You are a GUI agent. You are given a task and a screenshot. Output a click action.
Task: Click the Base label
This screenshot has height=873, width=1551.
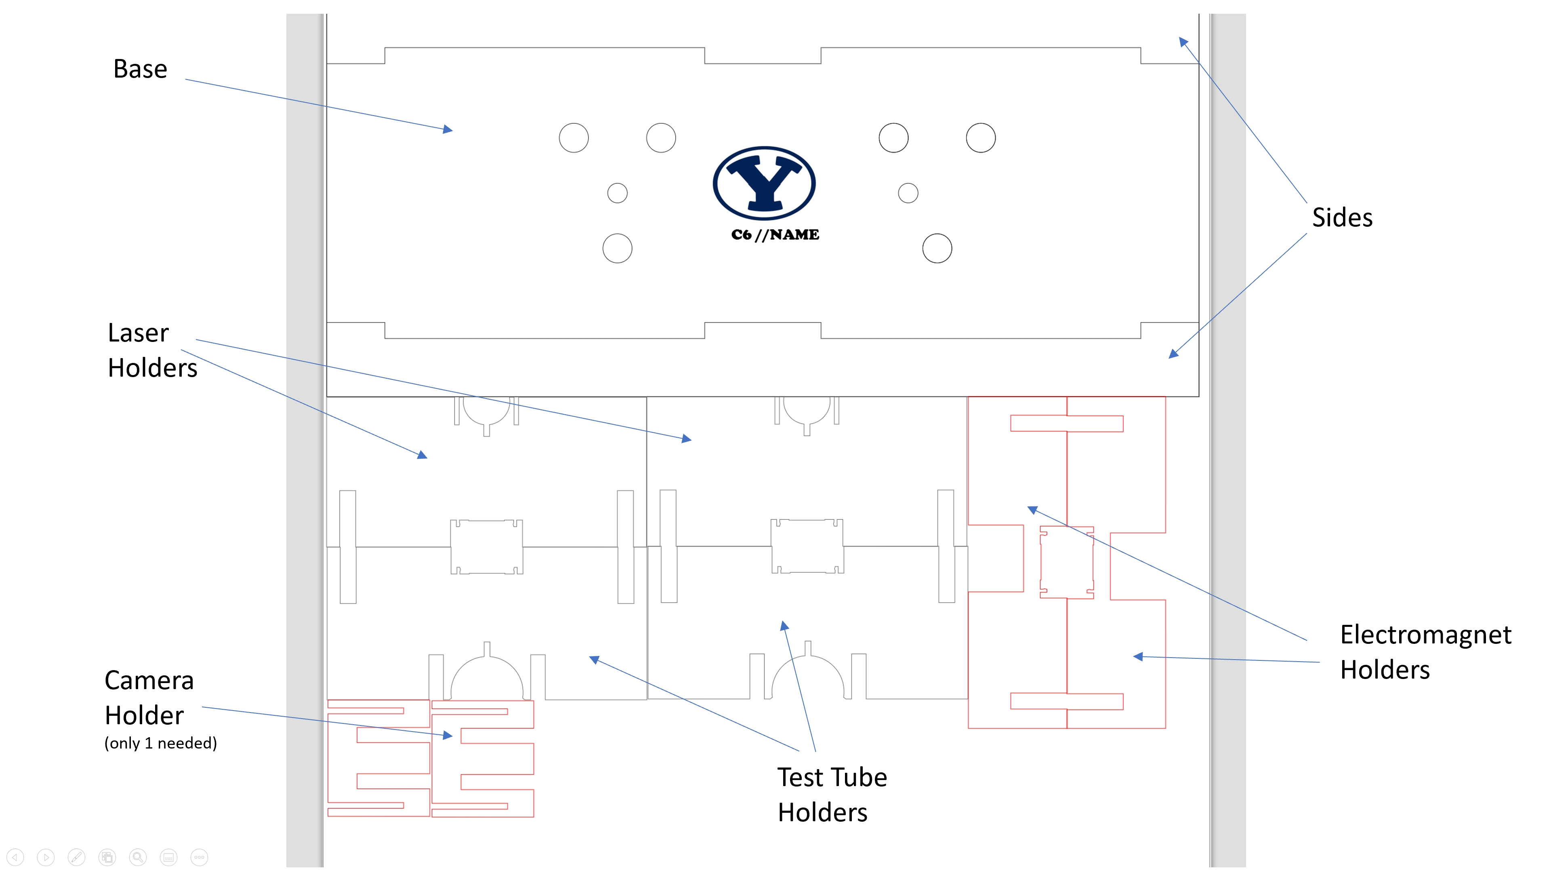[140, 69]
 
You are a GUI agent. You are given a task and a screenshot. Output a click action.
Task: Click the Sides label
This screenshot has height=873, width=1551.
[1342, 217]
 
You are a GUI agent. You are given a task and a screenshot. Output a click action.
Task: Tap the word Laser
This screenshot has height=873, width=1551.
[139, 333]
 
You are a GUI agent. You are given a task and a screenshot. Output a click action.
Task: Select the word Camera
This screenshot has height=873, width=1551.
[149, 680]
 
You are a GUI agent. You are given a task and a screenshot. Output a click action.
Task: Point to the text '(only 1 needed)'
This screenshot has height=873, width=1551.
[161, 743]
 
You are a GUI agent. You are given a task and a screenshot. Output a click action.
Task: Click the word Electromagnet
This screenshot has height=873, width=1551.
[1425, 635]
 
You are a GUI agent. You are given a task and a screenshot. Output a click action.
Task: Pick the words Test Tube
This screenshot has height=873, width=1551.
[832, 777]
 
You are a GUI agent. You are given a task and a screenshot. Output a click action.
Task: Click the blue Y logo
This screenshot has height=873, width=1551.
[764, 183]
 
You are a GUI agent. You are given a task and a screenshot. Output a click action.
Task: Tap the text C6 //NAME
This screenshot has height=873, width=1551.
[775, 235]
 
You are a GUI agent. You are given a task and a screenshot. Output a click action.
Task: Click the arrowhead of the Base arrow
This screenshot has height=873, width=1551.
[448, 129]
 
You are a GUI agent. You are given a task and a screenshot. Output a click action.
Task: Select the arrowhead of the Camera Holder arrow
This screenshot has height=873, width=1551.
[448, 736]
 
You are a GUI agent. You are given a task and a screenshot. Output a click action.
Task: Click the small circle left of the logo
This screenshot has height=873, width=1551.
[617, 194]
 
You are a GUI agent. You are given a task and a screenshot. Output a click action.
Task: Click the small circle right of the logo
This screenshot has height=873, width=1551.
[908, 194]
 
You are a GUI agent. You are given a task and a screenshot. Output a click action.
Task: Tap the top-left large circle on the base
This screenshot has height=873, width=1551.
[574, 138]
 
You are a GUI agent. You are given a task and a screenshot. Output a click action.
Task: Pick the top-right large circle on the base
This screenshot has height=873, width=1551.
[981, 138]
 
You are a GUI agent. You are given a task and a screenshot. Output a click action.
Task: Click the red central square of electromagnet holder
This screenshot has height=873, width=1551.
[1067, 562]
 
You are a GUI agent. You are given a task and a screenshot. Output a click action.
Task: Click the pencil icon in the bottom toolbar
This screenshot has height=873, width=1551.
[76, 857]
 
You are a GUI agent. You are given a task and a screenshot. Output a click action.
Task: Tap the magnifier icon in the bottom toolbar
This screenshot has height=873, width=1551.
[138, 857]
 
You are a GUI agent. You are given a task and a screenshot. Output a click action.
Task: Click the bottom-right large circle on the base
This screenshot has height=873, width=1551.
[937, 248]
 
